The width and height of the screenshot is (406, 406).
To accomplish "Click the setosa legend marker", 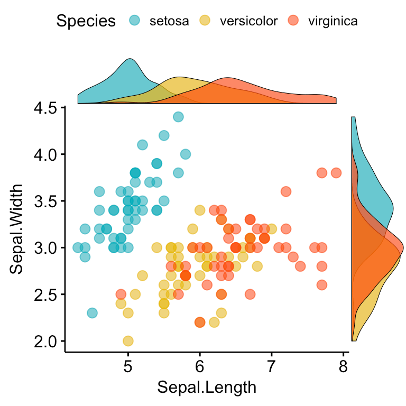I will pyautogui.click(x=136, y=21).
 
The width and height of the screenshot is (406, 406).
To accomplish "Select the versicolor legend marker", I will pyautogui.click(x=204, y=21).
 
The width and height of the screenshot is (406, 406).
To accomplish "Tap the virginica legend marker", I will pyautogui.click(x=292, y=21).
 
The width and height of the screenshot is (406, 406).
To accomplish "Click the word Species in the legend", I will pyautogui.click(x=86, y=21).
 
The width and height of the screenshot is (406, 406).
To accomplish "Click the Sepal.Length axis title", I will pyautogui.click(x=207, y=387).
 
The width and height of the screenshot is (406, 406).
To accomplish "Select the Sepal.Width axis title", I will pyautogui.click(x=17, y=228).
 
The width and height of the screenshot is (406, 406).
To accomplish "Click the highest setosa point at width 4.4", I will pyautogui.click(x=178, y=117).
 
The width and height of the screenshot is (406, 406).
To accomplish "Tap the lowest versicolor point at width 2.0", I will pyautogui.click(x=128, y=341).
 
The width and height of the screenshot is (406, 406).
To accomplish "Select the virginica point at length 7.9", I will pyautogui.click(x=336, y=173).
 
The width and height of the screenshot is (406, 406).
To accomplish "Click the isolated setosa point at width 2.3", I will pyautogui.click(x=92, y=313).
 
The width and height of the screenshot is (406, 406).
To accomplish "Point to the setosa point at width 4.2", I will pyautogui.click(x=164, y=135).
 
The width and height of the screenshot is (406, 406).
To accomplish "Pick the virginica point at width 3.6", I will pyautogui.click(x=286, y=191).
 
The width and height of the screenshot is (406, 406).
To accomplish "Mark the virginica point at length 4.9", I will pyautogui.click(x=121, y=294).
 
